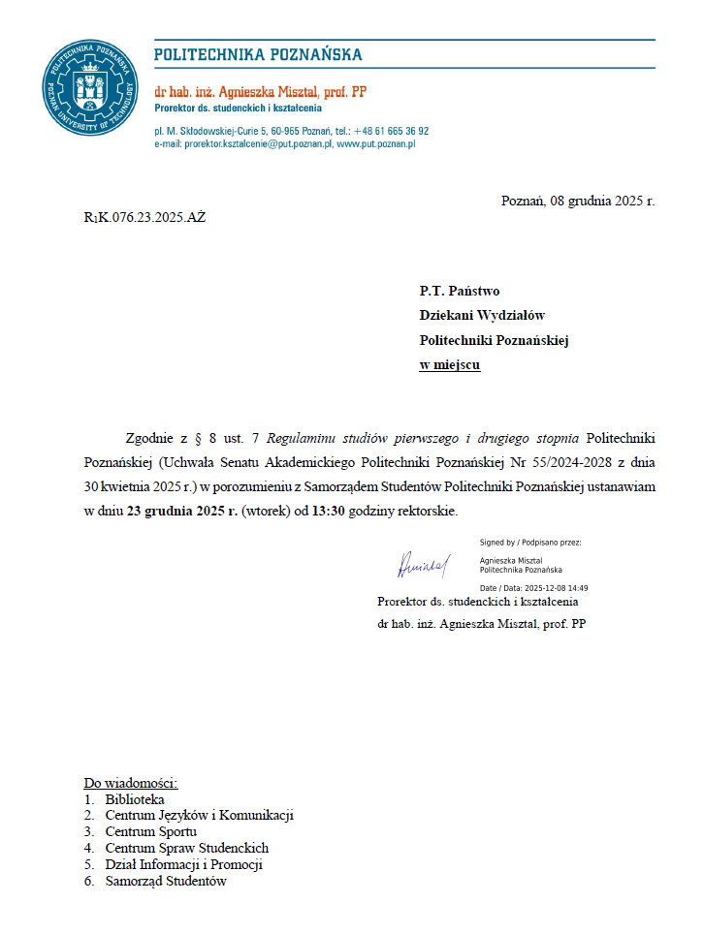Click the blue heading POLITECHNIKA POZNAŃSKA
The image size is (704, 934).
(258, 54)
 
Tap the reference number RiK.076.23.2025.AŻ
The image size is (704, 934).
(144, 216)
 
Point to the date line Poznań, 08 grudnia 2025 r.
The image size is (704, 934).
(577, 202)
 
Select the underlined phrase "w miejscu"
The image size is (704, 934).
(449, 365)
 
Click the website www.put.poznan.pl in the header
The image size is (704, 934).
(376, 143)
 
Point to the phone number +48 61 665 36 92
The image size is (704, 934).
(391, 130)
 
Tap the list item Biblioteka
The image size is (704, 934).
(135, 799)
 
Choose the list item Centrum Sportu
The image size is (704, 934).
(151, 831)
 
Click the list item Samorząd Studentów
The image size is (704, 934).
(166, 881)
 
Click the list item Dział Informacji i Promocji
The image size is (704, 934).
(184, 864)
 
